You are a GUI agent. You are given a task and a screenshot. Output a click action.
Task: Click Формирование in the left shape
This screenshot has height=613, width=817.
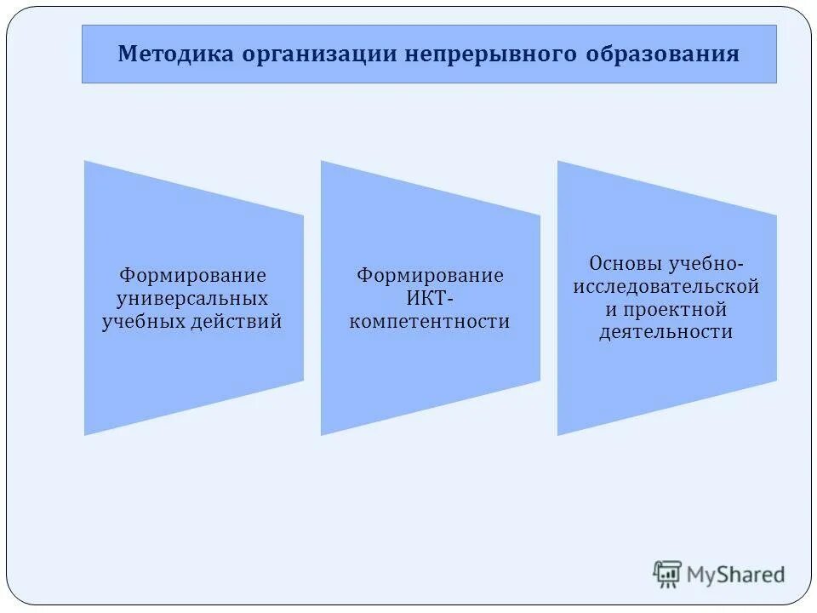pyautogui.click(x=192, y=276)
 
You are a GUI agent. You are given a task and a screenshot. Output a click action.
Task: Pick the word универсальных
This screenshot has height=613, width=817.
pyautogui.click(x=192, y=299)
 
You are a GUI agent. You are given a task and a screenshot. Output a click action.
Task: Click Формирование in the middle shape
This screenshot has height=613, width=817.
pyautogui.click(x=430, y=276)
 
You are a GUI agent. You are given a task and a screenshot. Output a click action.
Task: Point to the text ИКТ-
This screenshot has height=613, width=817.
pyautogui.click(x=430, y=299)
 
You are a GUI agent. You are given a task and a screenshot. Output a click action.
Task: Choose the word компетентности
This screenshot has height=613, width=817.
pyautogui.click(x=430, y=322)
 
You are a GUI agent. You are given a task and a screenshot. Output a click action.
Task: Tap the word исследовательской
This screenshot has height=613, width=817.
pyautogui.click(x=666, y=286)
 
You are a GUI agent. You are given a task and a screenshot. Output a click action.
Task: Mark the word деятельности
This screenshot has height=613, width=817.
pyautogui.click(x=666, y=332)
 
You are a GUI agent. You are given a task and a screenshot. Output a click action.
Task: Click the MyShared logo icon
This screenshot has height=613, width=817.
pyautogui.click(x=667, y=574)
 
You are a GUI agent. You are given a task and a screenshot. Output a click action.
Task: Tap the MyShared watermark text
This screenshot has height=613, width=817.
pyautogui.click(x=736, y=575)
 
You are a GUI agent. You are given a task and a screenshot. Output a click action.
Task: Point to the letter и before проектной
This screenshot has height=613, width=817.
pyautogui.click(x=610, y=309)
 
